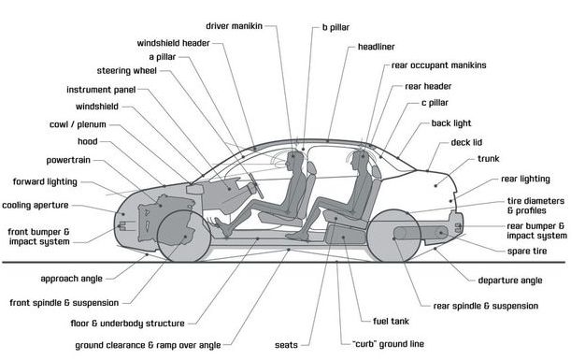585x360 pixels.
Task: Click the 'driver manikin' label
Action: click(235, 26)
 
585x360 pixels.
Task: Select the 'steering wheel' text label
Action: click(127, 70)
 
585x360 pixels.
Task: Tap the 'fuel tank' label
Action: click(391, 321)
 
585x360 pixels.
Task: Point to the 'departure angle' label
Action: click(510, 281)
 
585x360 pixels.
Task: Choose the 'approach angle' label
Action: click(71, 279)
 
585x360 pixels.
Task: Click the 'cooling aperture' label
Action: click(36, 205)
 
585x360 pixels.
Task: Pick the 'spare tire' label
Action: click(527, 252)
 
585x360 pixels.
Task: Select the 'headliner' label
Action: click(376, 47)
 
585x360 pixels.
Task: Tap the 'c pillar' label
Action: click(435, 103)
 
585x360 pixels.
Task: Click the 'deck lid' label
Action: click(466, 142)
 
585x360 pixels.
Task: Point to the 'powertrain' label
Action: click(68, 160)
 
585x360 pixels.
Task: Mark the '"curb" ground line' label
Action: click(388, 344)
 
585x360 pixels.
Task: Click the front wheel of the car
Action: click(183, 236)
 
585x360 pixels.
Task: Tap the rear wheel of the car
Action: click(394, 236)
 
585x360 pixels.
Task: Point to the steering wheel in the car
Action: click(256, 185)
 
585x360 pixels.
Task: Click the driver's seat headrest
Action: click(311, 168)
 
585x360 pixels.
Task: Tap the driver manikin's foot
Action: click(223, 228)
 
